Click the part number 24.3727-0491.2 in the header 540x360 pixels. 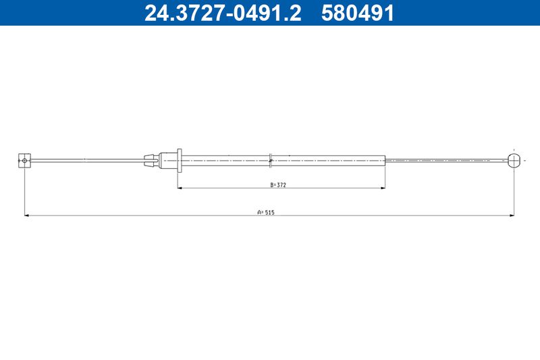click(x=223, y=13)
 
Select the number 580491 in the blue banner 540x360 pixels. click(x=357, y=13)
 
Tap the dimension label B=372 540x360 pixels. click(x=278, y=184)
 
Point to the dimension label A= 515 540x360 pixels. click(x=266, y=212)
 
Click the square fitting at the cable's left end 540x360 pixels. click(x=24, y=161)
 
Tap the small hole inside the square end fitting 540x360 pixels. click(x=24, y=160)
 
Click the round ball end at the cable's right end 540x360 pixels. click(x=514, y=161)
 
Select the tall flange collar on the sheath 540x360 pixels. click(x=180, y=161)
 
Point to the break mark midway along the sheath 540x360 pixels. click(x=271, y=161)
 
